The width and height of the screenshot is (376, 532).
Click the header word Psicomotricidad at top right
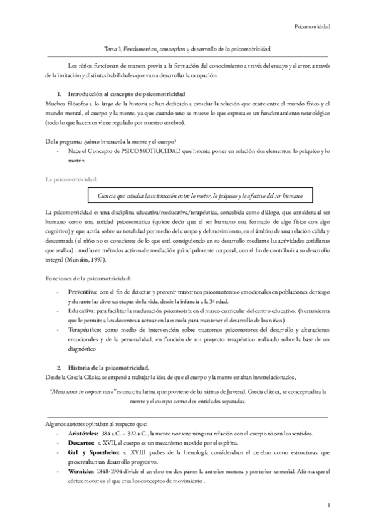pos(312,27)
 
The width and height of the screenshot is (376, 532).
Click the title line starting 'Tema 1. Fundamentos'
pos(187,48)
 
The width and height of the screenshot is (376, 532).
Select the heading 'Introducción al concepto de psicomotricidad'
pos(125,93)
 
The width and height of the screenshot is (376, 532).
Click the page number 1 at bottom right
pos(328,504)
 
